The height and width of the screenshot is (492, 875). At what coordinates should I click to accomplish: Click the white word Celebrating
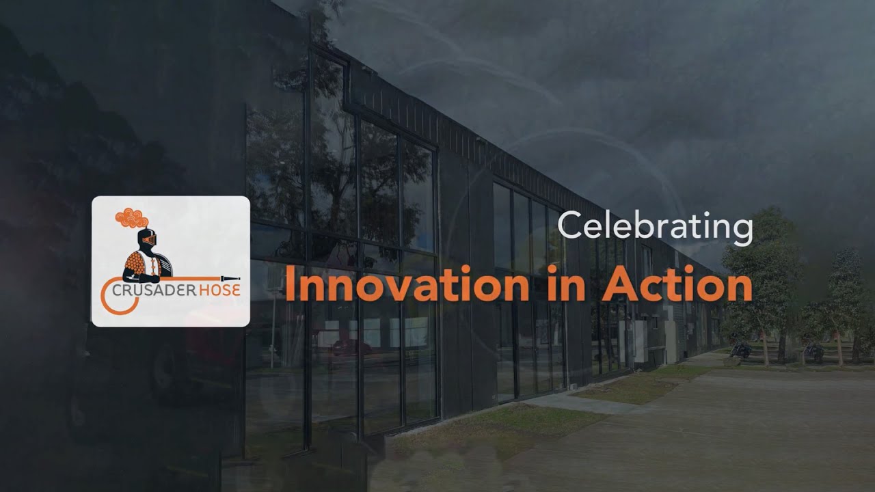click(x=656, y=228)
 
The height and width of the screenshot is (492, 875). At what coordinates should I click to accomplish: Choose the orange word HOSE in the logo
click(x=219, y=289)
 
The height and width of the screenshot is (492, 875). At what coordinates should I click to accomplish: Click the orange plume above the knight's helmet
click(x=132, y=217)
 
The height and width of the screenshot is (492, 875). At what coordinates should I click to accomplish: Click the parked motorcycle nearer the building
click(x=739, y=350)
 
